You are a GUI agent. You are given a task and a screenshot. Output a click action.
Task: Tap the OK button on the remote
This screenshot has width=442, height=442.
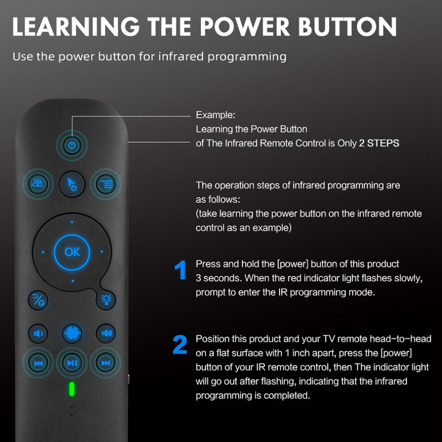pos(72,252)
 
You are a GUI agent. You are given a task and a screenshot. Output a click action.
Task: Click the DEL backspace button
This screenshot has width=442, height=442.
pos(38,184)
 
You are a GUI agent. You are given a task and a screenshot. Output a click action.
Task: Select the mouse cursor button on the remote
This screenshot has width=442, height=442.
pos(72,184)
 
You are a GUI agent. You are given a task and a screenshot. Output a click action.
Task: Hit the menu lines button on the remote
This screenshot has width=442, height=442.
pos(106,184)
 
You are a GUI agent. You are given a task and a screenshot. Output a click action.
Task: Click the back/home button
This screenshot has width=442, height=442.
pos(38,300)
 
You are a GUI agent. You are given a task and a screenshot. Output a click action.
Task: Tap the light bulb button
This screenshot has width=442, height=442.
pos(106,300)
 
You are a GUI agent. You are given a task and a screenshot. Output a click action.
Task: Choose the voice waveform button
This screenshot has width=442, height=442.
pos(72,334)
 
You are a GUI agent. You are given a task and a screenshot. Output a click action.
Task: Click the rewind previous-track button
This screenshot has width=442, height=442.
pos(38,363)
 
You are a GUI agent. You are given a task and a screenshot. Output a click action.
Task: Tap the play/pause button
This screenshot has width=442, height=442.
pos(72,363)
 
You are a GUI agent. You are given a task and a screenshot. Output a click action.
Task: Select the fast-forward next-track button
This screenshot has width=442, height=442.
pos(106,363)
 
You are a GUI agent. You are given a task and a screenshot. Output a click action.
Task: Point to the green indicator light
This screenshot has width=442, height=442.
pos(72,389)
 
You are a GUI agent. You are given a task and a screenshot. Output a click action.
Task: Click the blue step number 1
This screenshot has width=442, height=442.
pos(180,270)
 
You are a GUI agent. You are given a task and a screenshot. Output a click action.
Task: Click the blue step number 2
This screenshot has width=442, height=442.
pos(180,345)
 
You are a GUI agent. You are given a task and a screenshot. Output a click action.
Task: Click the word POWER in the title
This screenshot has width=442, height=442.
pos(245,26)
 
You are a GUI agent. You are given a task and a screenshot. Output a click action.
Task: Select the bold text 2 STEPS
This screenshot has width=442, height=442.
pos(379,143)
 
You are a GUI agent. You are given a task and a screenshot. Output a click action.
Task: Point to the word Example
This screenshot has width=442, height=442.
pos(215,115)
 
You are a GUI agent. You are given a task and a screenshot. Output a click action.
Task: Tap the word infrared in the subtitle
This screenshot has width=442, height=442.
pos(181,56)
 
